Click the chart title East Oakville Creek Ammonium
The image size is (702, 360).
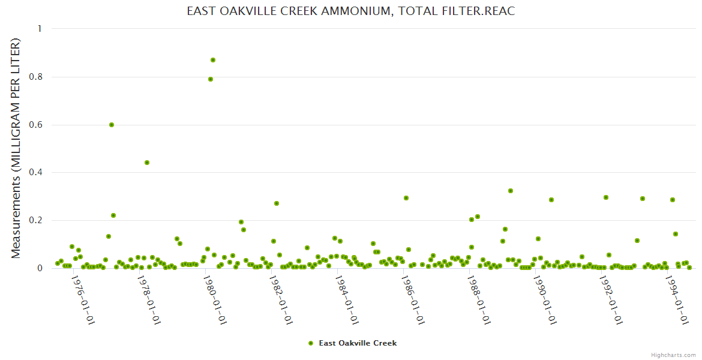tap(351, 11)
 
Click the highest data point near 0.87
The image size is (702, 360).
tap(213, 60)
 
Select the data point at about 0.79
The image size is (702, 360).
tap(211, 79)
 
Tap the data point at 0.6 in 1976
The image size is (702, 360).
tap(112, 125)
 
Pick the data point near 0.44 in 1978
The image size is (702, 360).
tap(147, 163)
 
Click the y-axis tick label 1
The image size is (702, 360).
tap(40, 29)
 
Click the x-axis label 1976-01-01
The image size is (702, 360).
tap(83, 299)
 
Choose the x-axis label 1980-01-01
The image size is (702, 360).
tap(214, 299)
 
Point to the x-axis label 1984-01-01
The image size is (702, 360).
tap(346, 299)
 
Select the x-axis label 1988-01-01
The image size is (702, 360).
tap(478, 299)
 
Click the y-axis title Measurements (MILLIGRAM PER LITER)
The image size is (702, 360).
tap(16, 148)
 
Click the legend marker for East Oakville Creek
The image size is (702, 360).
tap(311, 343)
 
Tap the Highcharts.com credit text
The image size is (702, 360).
tap(673, 355)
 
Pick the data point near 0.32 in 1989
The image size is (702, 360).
tap(511, 191)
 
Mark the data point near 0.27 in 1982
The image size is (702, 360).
tap(277, 203)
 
